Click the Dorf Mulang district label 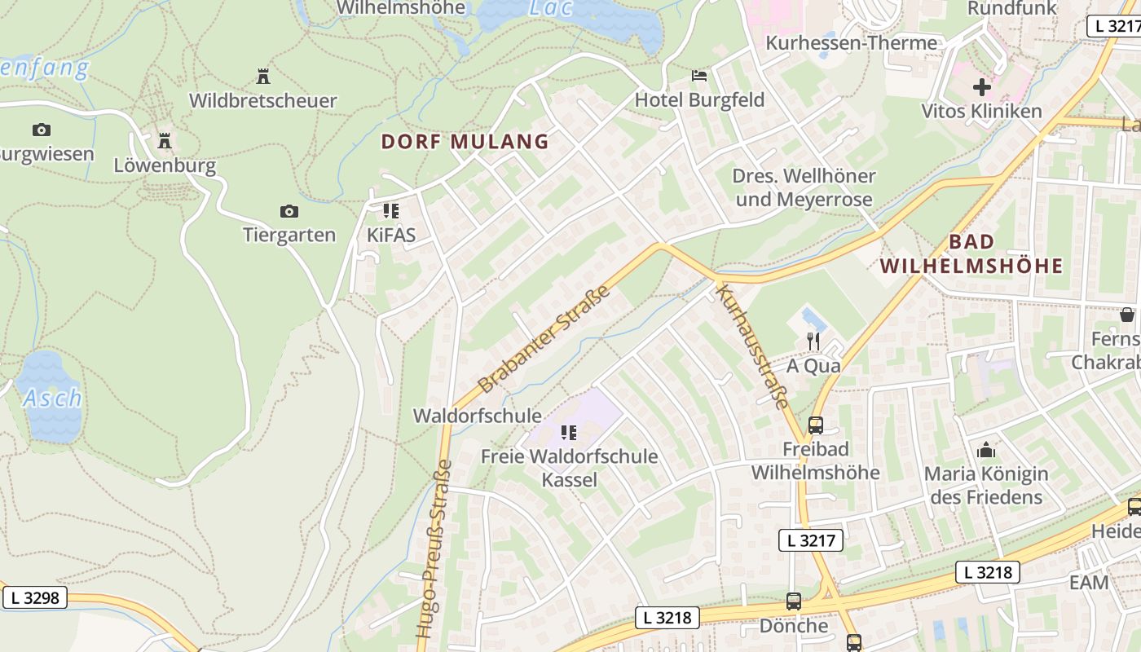(x=465, y=142)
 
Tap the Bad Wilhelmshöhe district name (x=971, y=253)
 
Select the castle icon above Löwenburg (x=165, y=141)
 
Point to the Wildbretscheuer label (x=262, y=101)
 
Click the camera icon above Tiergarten (x=289, y=212)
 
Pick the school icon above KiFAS (x=391, y=211)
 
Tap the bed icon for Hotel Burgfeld (x=699, y=76)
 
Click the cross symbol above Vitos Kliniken (x=981, y=86)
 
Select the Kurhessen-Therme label (x=851, y=43)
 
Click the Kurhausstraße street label (x=752, y=346)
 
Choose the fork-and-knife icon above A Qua (x=813, y=341)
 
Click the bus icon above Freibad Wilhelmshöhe (x=815, y=425)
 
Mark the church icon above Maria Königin (x=986, y=449)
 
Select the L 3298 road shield (x=34, y=598)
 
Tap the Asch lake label (x=52, y=399)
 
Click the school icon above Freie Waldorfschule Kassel (x=569, y=432)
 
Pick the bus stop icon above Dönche (x=793, y=601)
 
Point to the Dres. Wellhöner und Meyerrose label (x=804, y=187)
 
